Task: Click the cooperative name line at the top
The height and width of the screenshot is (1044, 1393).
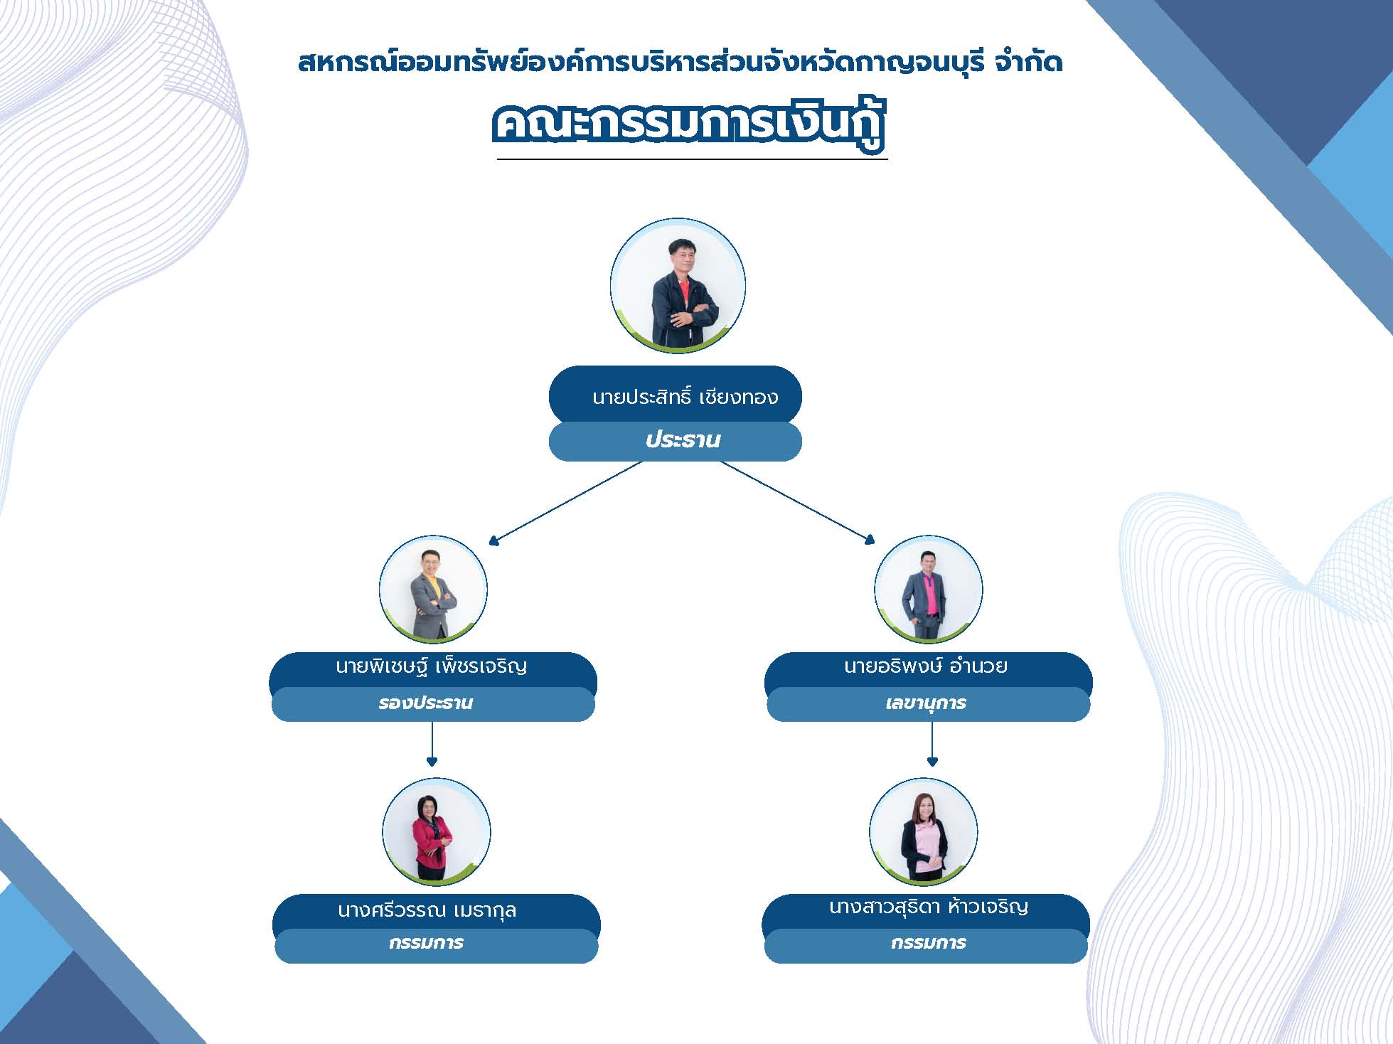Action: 681,63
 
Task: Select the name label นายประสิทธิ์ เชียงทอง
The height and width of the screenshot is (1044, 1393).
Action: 685,396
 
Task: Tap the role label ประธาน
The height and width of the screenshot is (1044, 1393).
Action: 683,440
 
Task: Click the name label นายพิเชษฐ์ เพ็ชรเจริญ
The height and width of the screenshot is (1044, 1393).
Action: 432,666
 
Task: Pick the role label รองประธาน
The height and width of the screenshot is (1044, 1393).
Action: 426,703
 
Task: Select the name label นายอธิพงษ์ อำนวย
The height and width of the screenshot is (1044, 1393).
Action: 926,666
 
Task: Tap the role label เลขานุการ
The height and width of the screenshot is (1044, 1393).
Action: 926,703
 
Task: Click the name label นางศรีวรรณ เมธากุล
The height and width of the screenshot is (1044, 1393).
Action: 427,910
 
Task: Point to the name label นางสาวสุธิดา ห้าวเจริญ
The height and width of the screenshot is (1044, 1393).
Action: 929,907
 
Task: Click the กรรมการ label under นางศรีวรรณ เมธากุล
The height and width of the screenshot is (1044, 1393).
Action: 426,943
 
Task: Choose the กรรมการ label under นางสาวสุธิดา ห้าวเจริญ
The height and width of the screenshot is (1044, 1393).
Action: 929,943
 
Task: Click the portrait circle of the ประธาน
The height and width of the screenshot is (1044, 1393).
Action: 678,286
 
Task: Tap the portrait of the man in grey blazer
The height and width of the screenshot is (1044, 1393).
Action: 433,590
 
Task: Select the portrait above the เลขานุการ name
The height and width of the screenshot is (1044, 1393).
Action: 929,590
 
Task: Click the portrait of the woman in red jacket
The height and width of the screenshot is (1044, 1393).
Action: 436,832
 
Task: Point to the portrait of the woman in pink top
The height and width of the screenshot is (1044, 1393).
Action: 924,832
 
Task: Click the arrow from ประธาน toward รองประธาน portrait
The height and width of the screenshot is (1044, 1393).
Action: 566,503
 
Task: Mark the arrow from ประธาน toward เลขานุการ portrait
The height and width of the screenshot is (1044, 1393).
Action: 798,503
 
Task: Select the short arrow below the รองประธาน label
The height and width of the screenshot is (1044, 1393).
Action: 432,744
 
